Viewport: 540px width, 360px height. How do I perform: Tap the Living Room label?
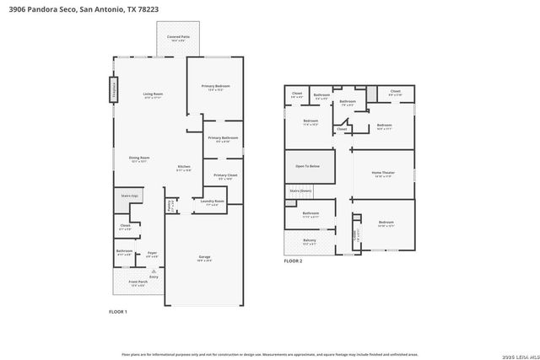[153, 94]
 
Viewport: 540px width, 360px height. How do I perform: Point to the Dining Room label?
[139, 158]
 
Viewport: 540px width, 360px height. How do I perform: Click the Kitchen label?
[184, 167]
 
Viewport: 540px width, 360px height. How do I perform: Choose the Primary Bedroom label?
[215, 87]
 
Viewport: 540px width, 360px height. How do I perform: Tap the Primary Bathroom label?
[223, 137]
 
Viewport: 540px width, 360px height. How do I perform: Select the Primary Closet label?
[224, 175]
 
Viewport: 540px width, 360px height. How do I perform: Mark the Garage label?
[204, 257]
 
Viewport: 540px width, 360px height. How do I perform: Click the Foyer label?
[153, 252]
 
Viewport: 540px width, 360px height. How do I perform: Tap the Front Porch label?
[137, 282]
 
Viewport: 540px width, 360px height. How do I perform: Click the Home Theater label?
[383, 173]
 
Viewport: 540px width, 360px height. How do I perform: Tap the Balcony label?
[310, 240]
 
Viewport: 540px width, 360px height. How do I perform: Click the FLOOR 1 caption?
[118, 312]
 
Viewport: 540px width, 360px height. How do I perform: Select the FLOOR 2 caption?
[293, 261]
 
